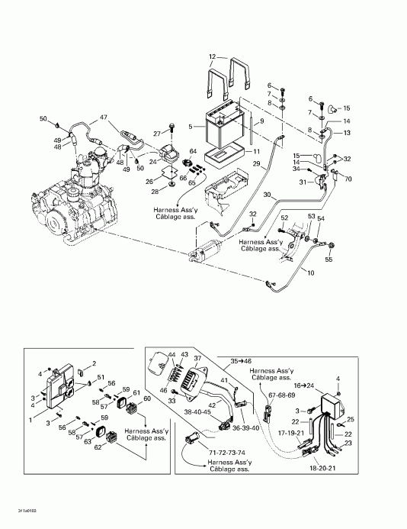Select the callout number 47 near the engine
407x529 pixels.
click(104, 120)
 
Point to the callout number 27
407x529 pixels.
click(158, 134)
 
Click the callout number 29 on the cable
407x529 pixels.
click(257, 164)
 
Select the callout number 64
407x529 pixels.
click(193, 151)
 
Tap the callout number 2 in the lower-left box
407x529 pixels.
click(95, 363)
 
